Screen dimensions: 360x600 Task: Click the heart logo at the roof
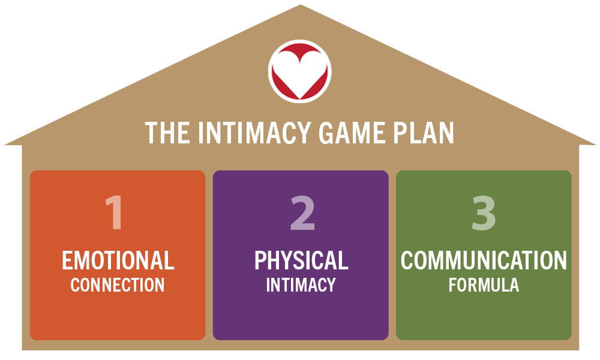click(x=300, y=70)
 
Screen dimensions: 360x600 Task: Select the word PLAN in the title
click(x=426, y=133)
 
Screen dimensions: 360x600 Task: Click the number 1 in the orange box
click(x=115, y=213)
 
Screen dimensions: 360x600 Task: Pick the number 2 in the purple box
click(x=302, y=213)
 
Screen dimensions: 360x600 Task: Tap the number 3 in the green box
click(x=484, y=213)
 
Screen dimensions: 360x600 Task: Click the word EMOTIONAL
click(x=118, y=261)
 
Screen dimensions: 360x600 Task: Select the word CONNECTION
click(x=118, y=285)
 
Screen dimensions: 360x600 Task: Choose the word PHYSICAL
click(x=301, y=261)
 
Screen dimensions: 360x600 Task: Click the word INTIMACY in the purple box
click(x=301, y=285)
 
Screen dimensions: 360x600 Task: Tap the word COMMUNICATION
click(x=484, y=261)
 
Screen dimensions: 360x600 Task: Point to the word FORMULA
click(x=484, y=285)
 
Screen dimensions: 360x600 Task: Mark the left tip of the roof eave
click(x=5, y=143)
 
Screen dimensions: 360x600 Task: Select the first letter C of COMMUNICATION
click(x=408, y=261)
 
